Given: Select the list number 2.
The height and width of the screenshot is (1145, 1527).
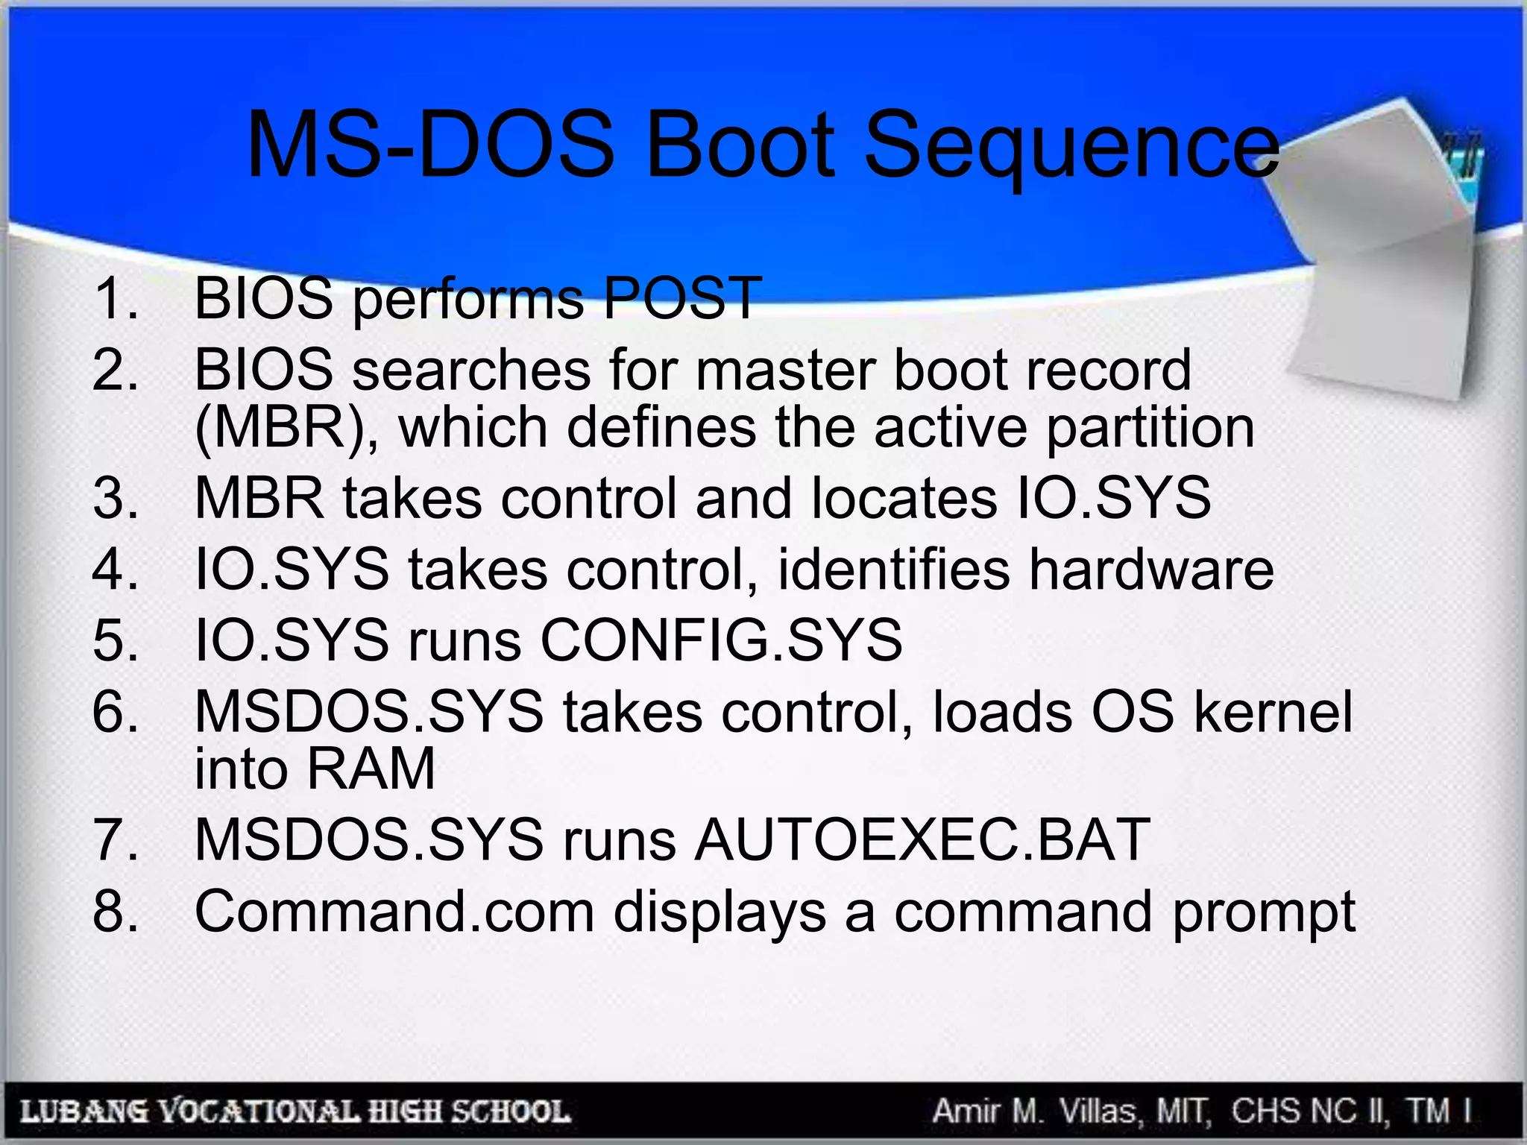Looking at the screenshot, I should click(x=116, y=370).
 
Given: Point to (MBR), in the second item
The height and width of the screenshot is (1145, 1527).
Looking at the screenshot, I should click(x=286, y=428).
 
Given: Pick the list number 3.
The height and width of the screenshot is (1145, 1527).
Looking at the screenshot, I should click(x=116, y=498).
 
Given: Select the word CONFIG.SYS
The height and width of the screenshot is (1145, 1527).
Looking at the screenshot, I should click(x=720, y=640).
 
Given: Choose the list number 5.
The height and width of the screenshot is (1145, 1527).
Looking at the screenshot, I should click(x=116, y=640).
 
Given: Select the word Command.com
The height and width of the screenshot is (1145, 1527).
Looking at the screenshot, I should click(x=394, y=912).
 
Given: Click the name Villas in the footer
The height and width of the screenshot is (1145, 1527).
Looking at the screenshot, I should click(x=1099, y=1111).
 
